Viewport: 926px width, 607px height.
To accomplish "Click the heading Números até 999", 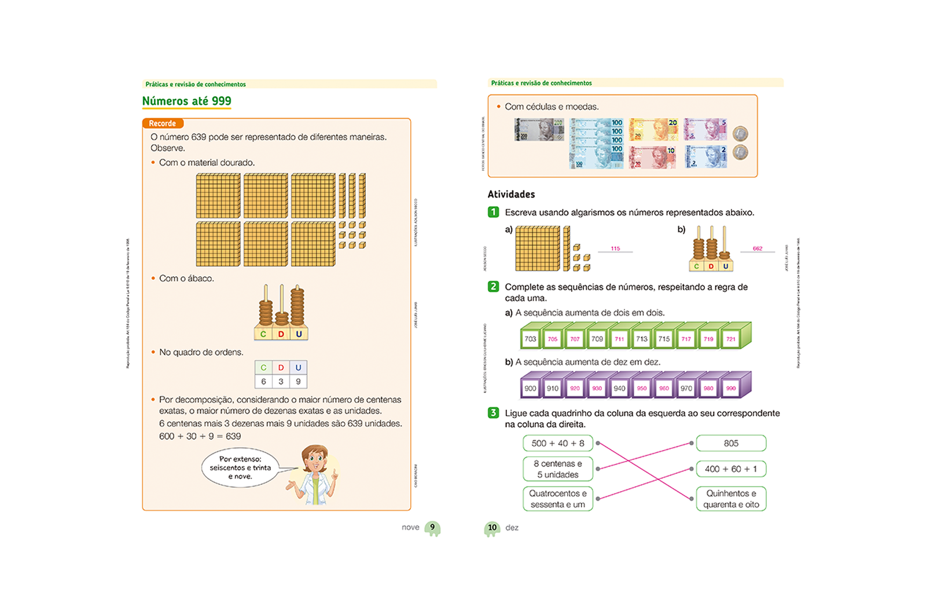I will tap(186, 101).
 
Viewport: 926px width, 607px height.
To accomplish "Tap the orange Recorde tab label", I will tap(163, 123).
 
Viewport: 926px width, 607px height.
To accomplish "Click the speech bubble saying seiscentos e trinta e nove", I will tap(240, 467).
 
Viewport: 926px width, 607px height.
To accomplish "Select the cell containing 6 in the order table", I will tap(263, 382).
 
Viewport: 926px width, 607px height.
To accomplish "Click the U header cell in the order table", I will tap(298, 368).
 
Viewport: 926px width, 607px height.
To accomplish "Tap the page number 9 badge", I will tap(432, 527).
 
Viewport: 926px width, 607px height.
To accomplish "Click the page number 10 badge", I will tap(492, 528).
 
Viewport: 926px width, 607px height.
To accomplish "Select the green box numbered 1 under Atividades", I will tap(493, 212).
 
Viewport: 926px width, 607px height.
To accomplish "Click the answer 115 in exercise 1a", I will tap(615, 248).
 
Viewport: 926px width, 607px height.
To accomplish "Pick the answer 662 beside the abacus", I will tap(758, 248).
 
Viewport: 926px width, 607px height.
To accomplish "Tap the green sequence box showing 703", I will tap(530, 339).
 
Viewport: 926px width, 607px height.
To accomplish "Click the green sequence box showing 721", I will tap(731, 339).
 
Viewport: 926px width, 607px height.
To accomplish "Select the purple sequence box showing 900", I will tap(530, 388).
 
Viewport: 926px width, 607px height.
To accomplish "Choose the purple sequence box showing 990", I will tap(731, 388).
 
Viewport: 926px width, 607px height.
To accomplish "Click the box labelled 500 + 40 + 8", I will tap(558, 443).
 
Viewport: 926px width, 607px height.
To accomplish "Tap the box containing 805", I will tap(731, 443).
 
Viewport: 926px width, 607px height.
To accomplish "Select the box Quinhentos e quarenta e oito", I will tap(731, 499).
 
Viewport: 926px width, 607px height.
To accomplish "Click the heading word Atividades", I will tap(511, 194).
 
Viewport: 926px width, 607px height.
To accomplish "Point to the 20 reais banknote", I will tap(653, 130).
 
